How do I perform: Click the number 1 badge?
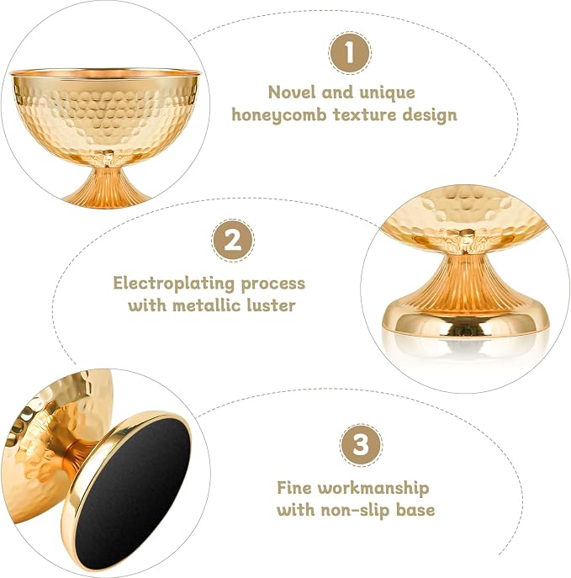coord(350,53)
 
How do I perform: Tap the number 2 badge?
coord(232,241)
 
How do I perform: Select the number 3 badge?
coord(361,445)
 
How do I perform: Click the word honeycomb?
coord(279,115)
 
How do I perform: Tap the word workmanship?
coord(373,489)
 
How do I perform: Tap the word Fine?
coord(294,488)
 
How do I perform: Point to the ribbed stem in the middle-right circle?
coord(463,283)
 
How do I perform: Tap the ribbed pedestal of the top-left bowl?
coord(107,187)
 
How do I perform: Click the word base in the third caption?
coord(415,511)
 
